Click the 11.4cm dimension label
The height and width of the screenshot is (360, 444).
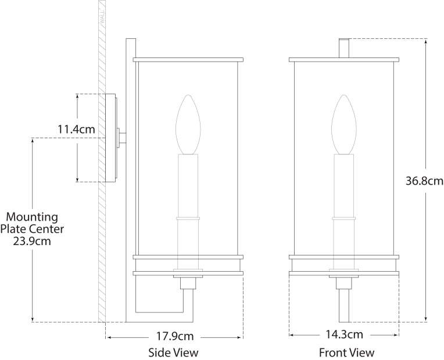tap(77, 129)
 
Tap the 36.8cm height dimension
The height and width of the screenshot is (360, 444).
tap(424, 180)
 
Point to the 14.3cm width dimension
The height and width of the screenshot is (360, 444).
tap(344, 334)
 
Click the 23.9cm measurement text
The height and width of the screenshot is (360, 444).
tap(31, 240)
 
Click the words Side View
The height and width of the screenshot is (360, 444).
tap(173, 352)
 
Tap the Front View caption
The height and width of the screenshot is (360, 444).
tap(346, 352)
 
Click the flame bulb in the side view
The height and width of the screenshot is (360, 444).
tap(188, 124)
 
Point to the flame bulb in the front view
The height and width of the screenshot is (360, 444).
tap(343, 124)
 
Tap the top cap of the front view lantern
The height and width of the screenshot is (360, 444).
tap(344, 59)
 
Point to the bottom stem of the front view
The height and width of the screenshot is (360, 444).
tap(344, 305)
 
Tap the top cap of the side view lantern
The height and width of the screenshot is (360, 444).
tap(188, 59)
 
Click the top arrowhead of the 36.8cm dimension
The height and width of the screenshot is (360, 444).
tap(427, 41)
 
